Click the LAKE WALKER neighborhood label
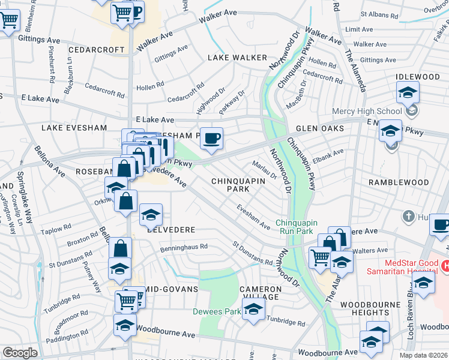click(237, 58)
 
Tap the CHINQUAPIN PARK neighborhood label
click(229, 185)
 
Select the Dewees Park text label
click(216, 311)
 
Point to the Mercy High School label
click(367, 112)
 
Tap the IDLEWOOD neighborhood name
click(418, 77)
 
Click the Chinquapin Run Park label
click(297, 227)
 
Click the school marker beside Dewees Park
click(253, 311)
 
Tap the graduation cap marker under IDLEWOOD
click(408, 94)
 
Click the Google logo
click(20, 353)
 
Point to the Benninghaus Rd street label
click(183, 247)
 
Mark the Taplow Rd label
click(56, 229)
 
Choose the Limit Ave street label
click(360, 29)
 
